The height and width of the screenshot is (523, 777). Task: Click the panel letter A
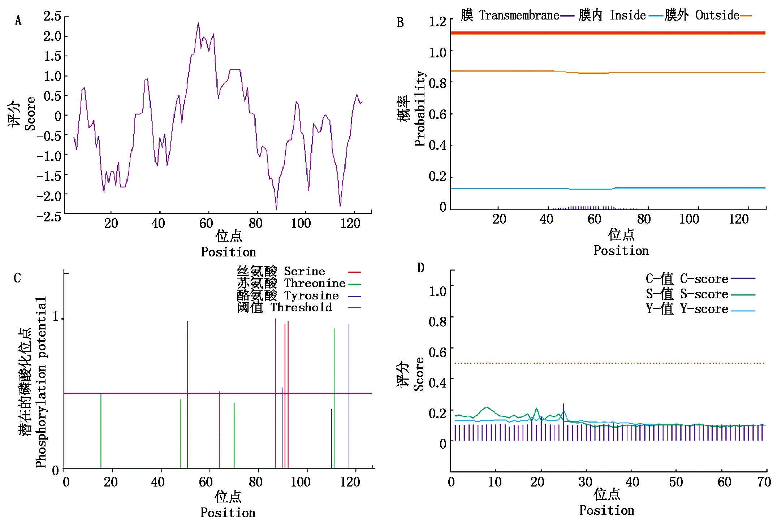coord(18,21)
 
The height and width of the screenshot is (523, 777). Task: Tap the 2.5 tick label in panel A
coord(52,16)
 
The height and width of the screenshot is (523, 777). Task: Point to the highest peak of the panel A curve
coord(198,24)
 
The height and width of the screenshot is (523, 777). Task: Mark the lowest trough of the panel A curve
coord(276,208)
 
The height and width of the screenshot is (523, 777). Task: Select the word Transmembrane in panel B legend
coord(519,15)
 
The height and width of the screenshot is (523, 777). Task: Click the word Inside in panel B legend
coord(627,15)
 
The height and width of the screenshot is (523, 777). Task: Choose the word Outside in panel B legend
coord(717,15)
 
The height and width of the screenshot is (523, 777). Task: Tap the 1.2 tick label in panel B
coord(437,22)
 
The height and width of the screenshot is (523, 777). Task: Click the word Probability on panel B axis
coord(420,108)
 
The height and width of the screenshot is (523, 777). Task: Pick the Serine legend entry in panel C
coord(304,271)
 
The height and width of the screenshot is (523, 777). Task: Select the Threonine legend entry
coord(315,283)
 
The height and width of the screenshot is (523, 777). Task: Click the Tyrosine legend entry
coord(311,295)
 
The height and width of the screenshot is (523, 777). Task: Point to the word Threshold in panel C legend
coord(301,307)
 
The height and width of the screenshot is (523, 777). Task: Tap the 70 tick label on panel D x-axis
coord(764,482)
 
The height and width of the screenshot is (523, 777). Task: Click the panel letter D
coord(420,268)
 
